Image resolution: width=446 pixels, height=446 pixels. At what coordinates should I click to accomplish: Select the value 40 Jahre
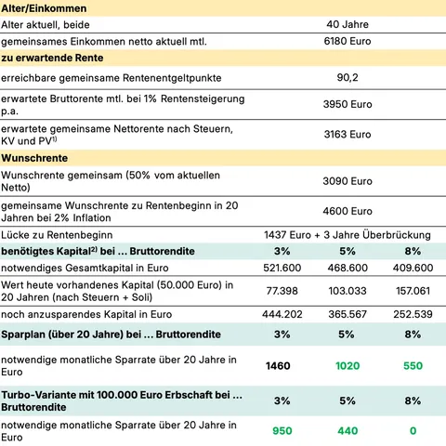pyautogui.click(x=348, y=24)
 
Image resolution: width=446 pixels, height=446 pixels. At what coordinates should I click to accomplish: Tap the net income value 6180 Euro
pyautogui.click(x=348, y=42)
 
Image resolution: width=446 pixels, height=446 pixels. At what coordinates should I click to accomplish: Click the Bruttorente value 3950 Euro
pyautogui.click(x=348, y=105)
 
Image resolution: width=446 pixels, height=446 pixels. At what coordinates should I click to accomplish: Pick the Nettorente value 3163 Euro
pyautogui.click(x=348, y=134)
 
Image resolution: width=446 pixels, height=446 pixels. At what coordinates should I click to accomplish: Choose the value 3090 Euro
pyautogui.click(x=348, y=182)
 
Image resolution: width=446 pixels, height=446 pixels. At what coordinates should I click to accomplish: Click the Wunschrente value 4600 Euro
pyautogui.click(x=348, y=211)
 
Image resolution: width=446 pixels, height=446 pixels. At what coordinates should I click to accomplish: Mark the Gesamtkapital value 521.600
pyautogui.click(x=277, y=269)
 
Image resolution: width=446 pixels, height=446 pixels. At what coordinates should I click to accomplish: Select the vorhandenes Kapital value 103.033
pyautogui.click(x=346, y=292)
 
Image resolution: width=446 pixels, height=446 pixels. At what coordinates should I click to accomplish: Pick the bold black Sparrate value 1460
pyautogui.click(x=277, y=366)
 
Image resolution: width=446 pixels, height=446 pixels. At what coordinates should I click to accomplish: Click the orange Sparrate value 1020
pyautogui.click(x=346, y=366)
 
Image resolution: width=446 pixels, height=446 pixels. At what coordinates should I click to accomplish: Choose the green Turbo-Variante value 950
pyautogui.click(x=277, y=431)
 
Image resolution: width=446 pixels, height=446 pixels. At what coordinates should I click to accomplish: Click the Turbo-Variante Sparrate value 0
pyautogui.click(x=413, y=431)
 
